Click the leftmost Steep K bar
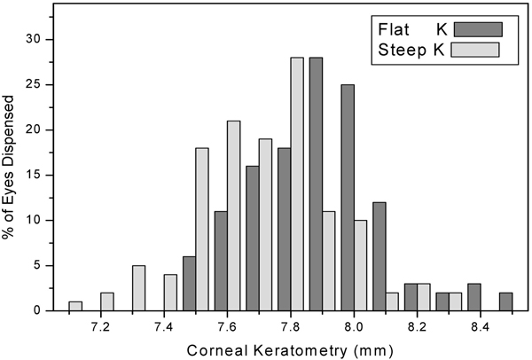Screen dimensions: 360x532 pyautogui.click(x=75, y=306)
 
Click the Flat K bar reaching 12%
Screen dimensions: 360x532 pyautogui.click(x=379, y=256)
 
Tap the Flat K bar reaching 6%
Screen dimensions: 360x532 pyautogui.click(x=189, y=283)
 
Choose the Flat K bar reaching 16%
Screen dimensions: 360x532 pyautogui.click(x=252, y=238)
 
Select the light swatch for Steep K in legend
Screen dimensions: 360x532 pyautogui.click(x=475, y=50)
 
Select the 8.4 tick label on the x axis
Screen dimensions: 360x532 pyautogui.click(x=480, y=326)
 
